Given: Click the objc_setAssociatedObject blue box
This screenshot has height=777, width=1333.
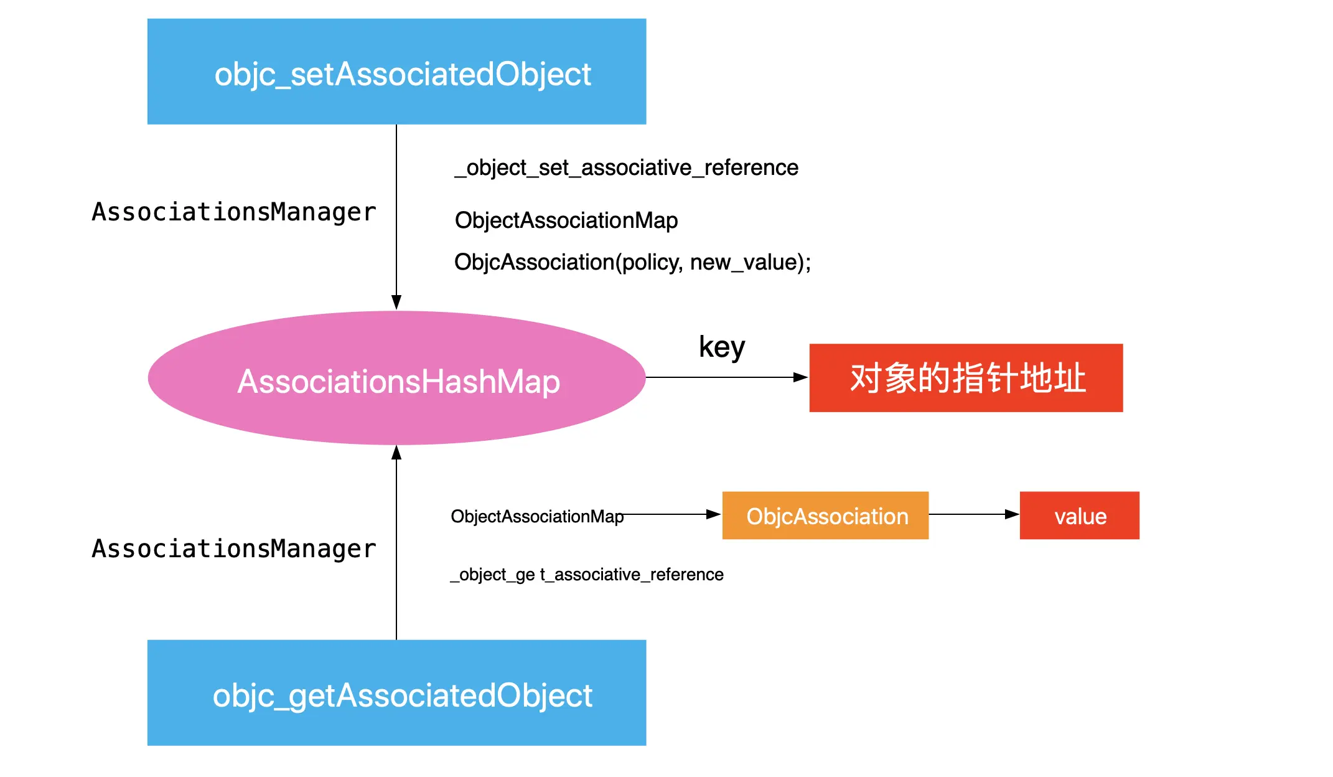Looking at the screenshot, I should coord(396,72).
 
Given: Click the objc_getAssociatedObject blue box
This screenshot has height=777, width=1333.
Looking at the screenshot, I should coord(396,692).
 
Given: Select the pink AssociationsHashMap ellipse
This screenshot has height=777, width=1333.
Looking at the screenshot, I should coord(396,379).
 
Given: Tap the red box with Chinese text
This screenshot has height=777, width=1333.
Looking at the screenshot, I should coord(966,378).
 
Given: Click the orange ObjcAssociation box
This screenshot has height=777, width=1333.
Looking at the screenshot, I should coord(825,516).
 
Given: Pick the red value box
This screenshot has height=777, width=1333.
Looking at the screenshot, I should coord(1079,516).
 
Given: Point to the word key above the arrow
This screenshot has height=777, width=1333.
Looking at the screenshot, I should coord(721,347).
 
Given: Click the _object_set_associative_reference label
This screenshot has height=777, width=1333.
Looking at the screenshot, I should coord(626,167).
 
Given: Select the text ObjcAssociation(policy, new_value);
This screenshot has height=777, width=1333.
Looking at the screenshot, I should coord(632,262).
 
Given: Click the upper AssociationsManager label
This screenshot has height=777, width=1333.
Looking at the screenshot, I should coord(234,212).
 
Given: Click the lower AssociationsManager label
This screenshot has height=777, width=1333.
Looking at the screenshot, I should coord(234,549).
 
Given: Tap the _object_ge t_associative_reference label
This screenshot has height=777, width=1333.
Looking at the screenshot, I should coord(587,574).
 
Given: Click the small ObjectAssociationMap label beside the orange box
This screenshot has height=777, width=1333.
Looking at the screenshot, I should coord(536,516).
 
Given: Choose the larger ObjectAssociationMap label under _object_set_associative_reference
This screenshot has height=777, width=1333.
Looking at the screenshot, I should coord(566,220).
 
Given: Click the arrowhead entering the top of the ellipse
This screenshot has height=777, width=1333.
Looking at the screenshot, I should coord(396,303).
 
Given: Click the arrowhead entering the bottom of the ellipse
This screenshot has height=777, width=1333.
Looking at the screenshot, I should coord(396,453).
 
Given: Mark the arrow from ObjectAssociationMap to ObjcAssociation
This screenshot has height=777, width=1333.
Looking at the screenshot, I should coord(672,514).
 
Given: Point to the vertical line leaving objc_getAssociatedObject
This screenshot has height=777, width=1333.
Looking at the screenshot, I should coord(396,560).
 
